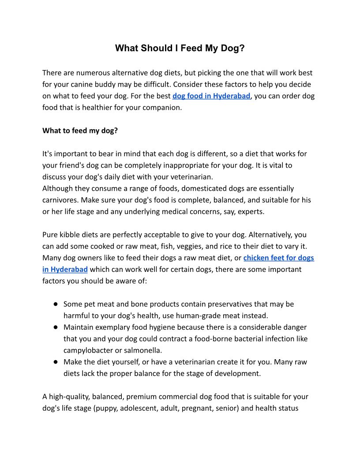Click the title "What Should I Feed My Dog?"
180,48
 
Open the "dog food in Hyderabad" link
211,96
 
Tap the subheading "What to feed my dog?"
80,131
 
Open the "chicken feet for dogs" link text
278,258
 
